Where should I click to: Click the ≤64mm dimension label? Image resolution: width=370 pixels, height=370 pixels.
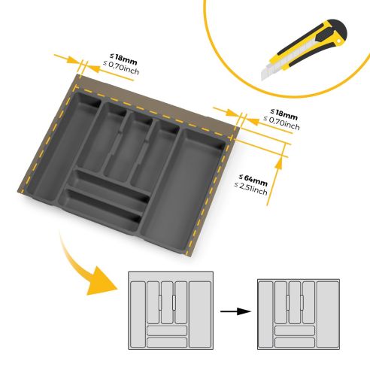[250, 181]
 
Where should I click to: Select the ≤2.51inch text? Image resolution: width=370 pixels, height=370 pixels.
[250, 190]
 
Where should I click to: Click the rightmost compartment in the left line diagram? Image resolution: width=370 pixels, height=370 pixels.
[199, 312]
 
